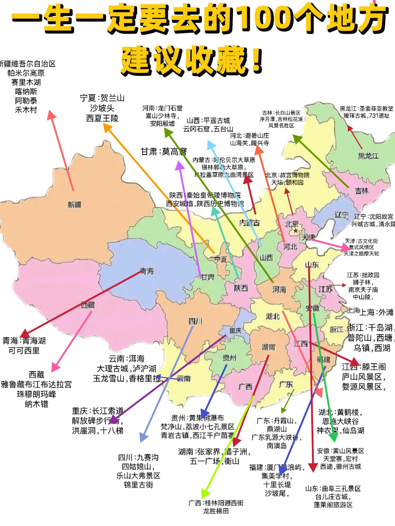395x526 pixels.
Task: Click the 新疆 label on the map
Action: [74, 205]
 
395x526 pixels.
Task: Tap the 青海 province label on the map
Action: [147, 271]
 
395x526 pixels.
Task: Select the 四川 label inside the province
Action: [195, 321]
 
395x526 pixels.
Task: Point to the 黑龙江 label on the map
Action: [368, 156]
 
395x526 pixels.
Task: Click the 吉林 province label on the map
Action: [362, 191]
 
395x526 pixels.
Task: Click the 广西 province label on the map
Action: [245, 386]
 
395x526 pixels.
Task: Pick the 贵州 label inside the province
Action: [229, 358]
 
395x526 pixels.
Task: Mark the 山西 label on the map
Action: [266, 258]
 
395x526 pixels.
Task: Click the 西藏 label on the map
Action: [88, 304]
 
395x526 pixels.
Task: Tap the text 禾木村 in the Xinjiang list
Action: [26, 110]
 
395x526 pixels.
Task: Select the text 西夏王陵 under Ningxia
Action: [102, 118]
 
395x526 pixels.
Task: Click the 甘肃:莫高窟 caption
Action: [163, 151]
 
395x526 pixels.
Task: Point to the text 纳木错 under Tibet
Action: [36, 404]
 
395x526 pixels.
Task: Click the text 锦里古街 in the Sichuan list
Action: [138, 485]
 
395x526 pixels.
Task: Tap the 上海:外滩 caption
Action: [377, 312]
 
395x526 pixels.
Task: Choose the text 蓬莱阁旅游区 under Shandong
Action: [333, 505]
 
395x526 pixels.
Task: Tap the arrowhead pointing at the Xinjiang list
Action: [51, 115]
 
